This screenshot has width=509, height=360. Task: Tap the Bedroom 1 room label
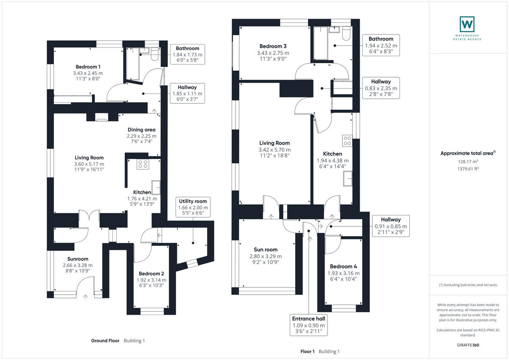pyautogui.click(x=88, y=67)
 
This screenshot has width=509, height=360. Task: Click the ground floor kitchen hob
pyautogui.click(x=142, y=165)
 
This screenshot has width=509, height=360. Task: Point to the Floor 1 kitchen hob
pyautogui.click(x=347, y=140)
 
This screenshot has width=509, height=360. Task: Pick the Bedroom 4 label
pyautogui.click(x=344, y=267)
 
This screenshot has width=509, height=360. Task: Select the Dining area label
pyautogui.click(x=141, y=130)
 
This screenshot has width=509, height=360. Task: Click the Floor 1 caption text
pyautogui.click(x=308, y=352)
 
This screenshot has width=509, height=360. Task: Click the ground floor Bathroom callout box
pyautogui.click(x=187, y=54)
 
